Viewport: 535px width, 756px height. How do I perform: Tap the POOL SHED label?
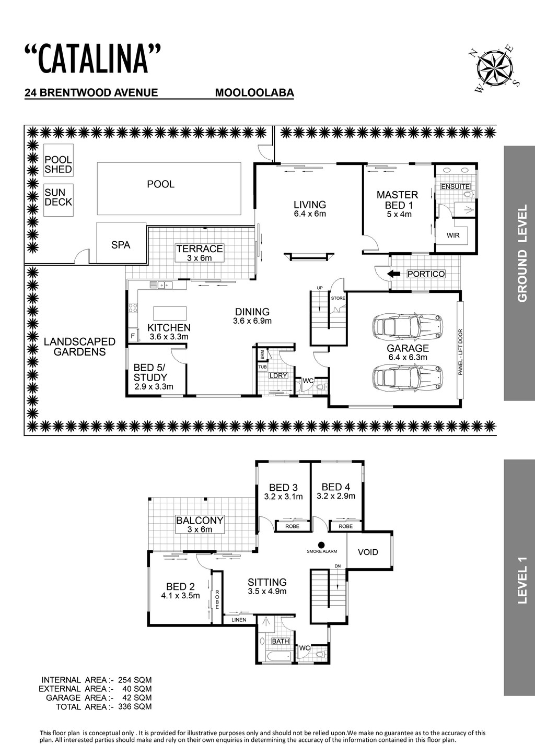pyautogui.click(x=59, y=164)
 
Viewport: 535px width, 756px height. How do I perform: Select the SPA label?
pyautogui.click(x=121, y=245)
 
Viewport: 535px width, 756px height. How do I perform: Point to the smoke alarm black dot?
pyautogui.click(x=321, y=545)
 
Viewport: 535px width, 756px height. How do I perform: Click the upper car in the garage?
pyautogui.click(x=408, y=327)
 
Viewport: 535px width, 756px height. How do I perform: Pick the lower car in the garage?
pyautogui.click(x=408, y=377)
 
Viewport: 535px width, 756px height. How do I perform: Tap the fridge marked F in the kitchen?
pyautogui.click(x=133, y=336)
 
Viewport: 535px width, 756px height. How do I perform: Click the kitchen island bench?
pyautogui.click(x=170, y=313)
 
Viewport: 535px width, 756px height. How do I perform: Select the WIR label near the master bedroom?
pyautogui.click(x=453, y=235)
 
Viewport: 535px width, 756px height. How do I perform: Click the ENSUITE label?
pyautogui.click(x=455, y=186)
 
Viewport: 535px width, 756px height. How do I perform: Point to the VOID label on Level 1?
pyautogui.click(x=368, y=552)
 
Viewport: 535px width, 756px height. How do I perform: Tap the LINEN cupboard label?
pyautogui.click(x=239, y=620)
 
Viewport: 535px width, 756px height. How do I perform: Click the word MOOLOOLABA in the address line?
pyautogui.click(x=254, y=93)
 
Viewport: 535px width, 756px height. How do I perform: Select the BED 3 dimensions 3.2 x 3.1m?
pyautogui.click(x=283, y=497)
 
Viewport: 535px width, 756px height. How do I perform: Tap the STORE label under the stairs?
pyautogui.click(x=338, y=298)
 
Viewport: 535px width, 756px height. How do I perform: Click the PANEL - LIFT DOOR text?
pyautogui.click(x=460, y=352)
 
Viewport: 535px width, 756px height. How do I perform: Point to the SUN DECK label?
pyautogui.click(x=59, y=197)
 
